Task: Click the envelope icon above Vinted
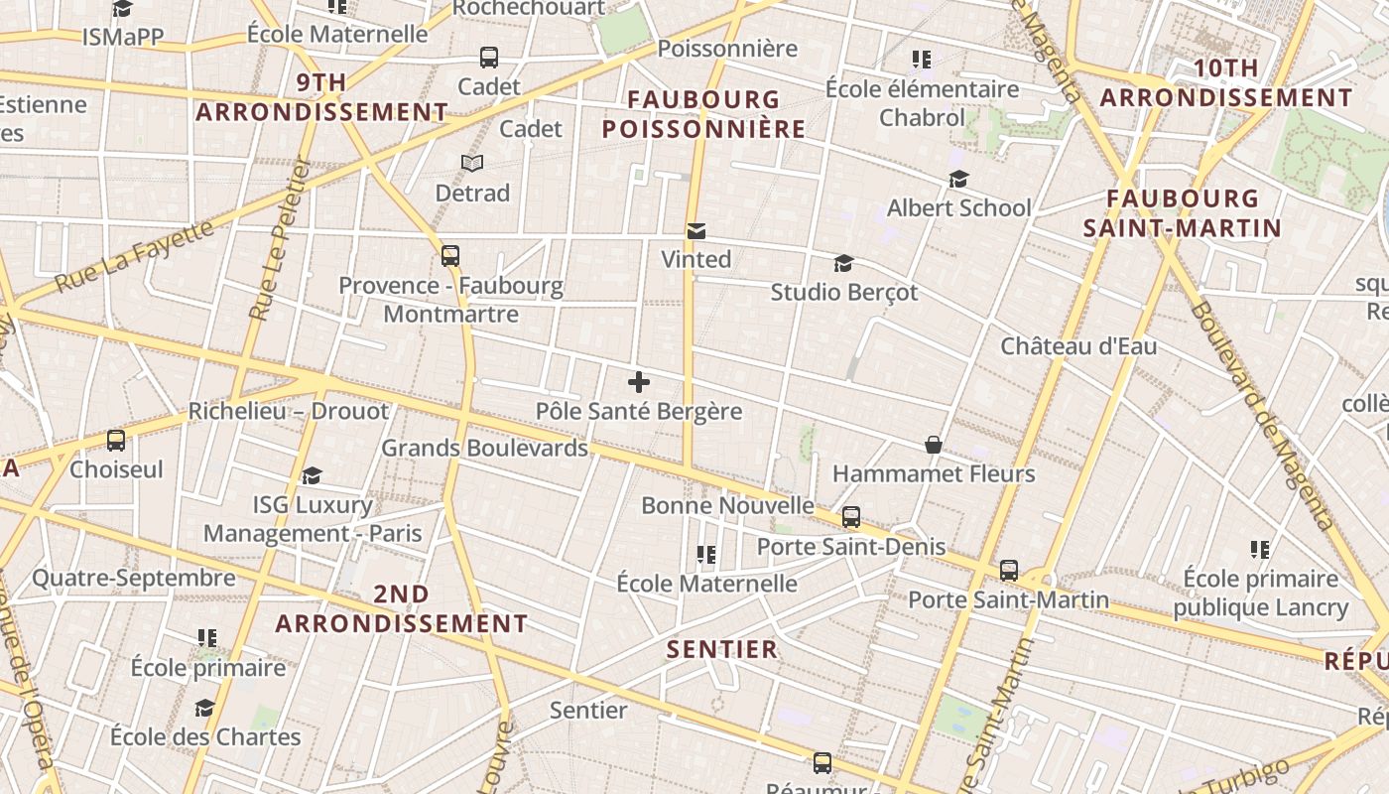[x=696, y=231]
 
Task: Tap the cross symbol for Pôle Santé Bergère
[x=639, y=382]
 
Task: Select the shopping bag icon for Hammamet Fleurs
[x=934, y=445]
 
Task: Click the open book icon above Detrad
[x=472, y=164]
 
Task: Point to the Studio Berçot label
[x=844, y=293]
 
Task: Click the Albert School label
[x=958, y=208]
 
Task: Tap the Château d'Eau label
[x=1078, y=347]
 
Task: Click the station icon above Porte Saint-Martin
[x=1009, y=571]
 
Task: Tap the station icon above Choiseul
[x=116, y=440]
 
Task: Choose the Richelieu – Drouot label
[x=289, y=411]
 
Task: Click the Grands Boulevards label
[x=485, y=448]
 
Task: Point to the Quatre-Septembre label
[x=134, y=578]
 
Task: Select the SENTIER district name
[x=722, y=650]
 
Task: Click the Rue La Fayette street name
[x=134, y=257]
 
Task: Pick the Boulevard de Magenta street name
[x=1261, y=415]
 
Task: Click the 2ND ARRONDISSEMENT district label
[x=402, y=609]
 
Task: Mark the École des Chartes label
[x=205, y=737]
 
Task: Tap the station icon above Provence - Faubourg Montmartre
[x=450, y=256]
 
